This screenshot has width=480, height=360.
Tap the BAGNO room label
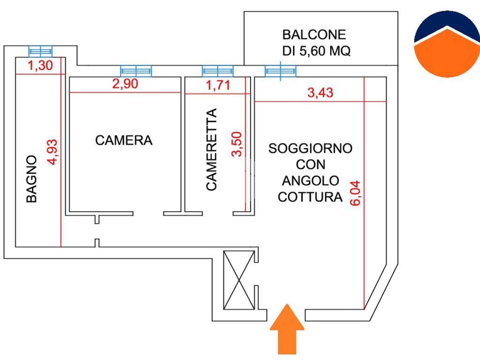pos(31,179)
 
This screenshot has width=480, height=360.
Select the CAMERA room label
pos(124,140)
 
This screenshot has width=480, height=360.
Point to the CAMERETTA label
pos(212,150)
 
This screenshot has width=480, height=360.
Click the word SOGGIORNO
pos(310,149)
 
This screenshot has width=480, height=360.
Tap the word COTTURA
pos(310,197)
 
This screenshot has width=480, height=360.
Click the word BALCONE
pos(314,35)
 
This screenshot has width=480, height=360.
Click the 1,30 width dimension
pos(40,66)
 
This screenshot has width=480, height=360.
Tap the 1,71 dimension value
pos(217,86)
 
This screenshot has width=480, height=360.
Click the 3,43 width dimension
pos(320,93)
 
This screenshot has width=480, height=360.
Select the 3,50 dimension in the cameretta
pos(237,144)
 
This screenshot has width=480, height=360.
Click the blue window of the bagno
pos(40,51)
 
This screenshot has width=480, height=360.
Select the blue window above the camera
pos(136,71)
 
